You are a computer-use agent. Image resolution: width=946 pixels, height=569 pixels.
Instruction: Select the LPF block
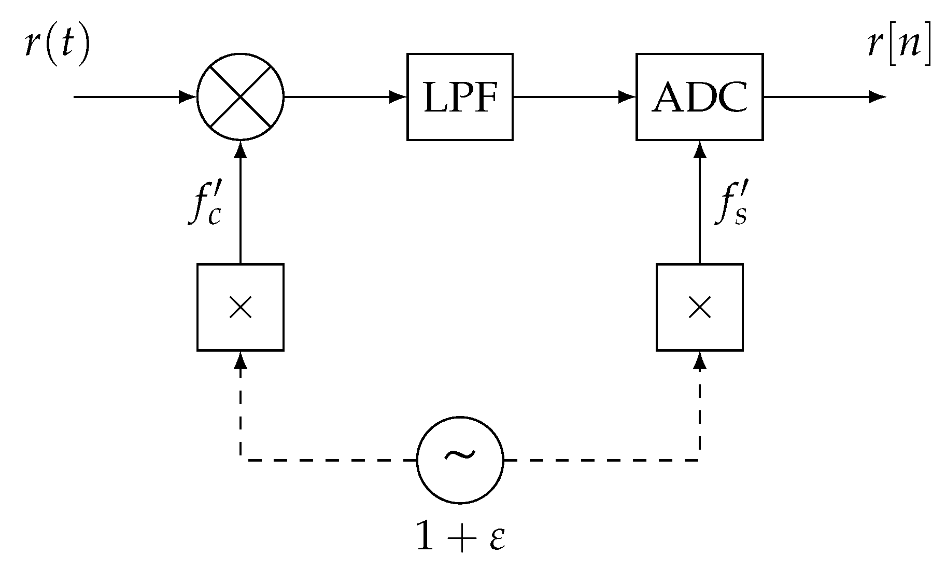pyautogui.click(x=460, y=97)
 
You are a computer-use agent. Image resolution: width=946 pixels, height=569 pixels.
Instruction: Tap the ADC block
pyautogui.click(x=699, y=97)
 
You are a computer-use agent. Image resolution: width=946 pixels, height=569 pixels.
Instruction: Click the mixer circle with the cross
pyautogui.click(x=241, y=96)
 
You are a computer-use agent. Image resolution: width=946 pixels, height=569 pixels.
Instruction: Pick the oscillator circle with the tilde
pyautogui.click(x=460, y=460)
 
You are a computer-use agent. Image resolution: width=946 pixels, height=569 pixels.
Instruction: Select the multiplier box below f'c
pyautogui.click(x=241, y=308)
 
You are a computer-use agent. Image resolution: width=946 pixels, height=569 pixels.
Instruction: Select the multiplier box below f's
pyautogui.click(x=700, y=308)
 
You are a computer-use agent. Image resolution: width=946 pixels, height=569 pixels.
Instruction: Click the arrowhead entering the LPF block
pyautogui.click(x=398, y=97)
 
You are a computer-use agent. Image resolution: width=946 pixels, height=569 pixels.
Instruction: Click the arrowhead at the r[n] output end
pyautogui.click(x=877, y=97)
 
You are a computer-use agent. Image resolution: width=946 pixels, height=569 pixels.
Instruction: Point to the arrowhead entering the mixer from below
pyautogui.click(x=241, y=149)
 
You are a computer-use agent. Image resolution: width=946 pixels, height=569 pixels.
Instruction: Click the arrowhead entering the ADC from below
pyautogui.click(x=700, y=149)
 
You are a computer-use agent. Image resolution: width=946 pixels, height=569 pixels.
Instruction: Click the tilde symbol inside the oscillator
pyautogui.click(x=460, y=454)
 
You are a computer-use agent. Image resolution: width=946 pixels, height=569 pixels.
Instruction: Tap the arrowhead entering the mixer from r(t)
pyautogui.click(x=188, y=97)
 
